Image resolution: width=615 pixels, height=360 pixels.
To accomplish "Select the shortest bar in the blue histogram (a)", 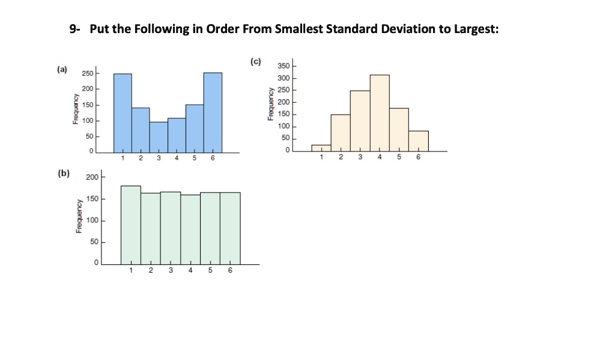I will point(159,137).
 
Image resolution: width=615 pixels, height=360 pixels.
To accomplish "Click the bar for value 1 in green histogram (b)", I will point(131,225).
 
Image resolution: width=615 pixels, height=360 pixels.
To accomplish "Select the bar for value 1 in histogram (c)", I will point(321,148).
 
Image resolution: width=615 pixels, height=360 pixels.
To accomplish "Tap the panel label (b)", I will point(63,174).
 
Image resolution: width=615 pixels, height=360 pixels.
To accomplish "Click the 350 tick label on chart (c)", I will point(283,66).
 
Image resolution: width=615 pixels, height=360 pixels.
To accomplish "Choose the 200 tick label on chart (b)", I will point(91,177).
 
